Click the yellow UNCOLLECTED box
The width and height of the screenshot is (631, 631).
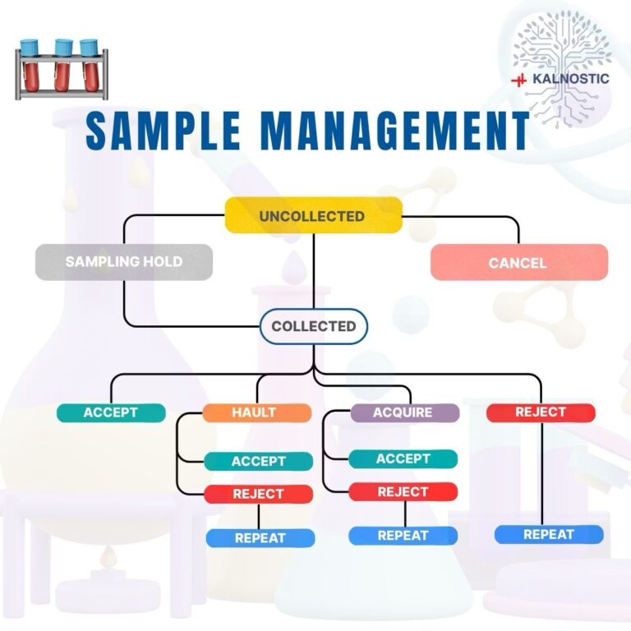pyautogui.click(x=313, y=216)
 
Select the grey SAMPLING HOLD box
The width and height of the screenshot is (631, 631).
pyautogui.click(x=123, y=262)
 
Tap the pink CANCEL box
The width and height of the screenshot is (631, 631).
pyautogui.click(x=518, y=263)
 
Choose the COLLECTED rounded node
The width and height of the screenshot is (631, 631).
pyautogui.click(x=313, y=326)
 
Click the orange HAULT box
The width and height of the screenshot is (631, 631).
pyautogui.click(x=256, y=412)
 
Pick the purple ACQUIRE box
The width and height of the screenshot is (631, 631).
pyautogui.click(x=403, y=412)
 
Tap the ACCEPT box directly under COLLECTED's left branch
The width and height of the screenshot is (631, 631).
pyautogui.click(x=110, y=412)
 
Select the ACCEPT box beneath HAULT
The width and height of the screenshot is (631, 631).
pyautogui.click(x=258, y=461)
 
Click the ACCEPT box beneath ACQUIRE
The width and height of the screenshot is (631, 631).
pyautogui.click(x=403, y=458)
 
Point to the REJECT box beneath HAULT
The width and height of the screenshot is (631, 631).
pyautogui.click(x=258, y=494)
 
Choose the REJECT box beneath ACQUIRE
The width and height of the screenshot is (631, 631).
pyautogui.click(x=403, y=491)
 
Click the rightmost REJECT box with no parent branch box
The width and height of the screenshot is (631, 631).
pyautogui.click(x=540, y=412)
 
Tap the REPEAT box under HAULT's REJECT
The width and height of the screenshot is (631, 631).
pyautogui.click(x=260, y=538)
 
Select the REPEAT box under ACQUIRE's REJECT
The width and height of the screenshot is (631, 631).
pyautogui.click(x=403, y=536)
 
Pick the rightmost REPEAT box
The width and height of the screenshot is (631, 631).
pyautogui.click(x=548, y=534)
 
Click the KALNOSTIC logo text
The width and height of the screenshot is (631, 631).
pyautogui.click(x=571, y=79)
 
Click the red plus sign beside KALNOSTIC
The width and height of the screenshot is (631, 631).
pyautogui.click(x=518, y=80)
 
